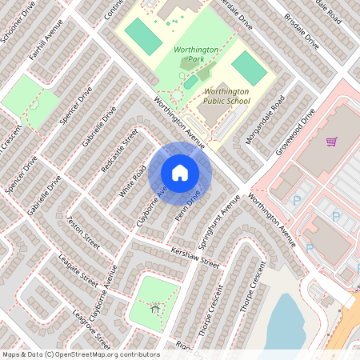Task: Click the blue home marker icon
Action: [180, 173]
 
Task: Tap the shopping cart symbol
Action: [331, 142]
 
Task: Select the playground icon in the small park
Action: [155, 306]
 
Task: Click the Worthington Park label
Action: [196, 54]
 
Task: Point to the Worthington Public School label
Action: [226, 97]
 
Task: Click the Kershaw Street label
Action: [195, 258]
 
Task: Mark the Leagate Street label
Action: [78, 273]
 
